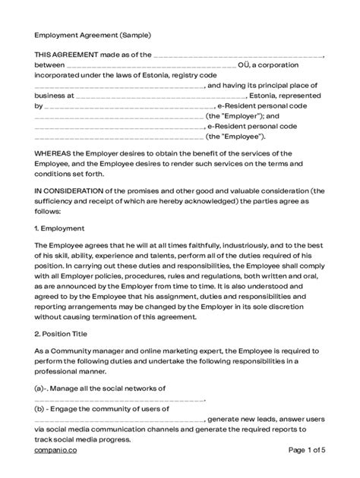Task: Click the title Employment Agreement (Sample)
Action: pyautogui.click(x=92, y=35)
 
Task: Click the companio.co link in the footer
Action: pyautogui.click(x=55, y=450)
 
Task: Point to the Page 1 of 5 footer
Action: pyautogui.click(x=308, y=450)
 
